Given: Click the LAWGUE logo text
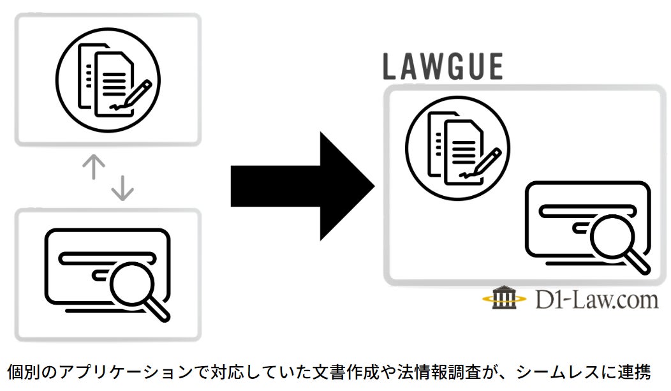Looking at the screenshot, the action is [x=443, y=66].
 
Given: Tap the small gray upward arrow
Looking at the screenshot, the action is [x=94, y=166].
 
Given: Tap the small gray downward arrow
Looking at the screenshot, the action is [x=122, y=187].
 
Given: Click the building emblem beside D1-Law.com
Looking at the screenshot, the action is [x=505, y=298].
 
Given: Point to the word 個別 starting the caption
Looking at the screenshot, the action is [x=23, y=373].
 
